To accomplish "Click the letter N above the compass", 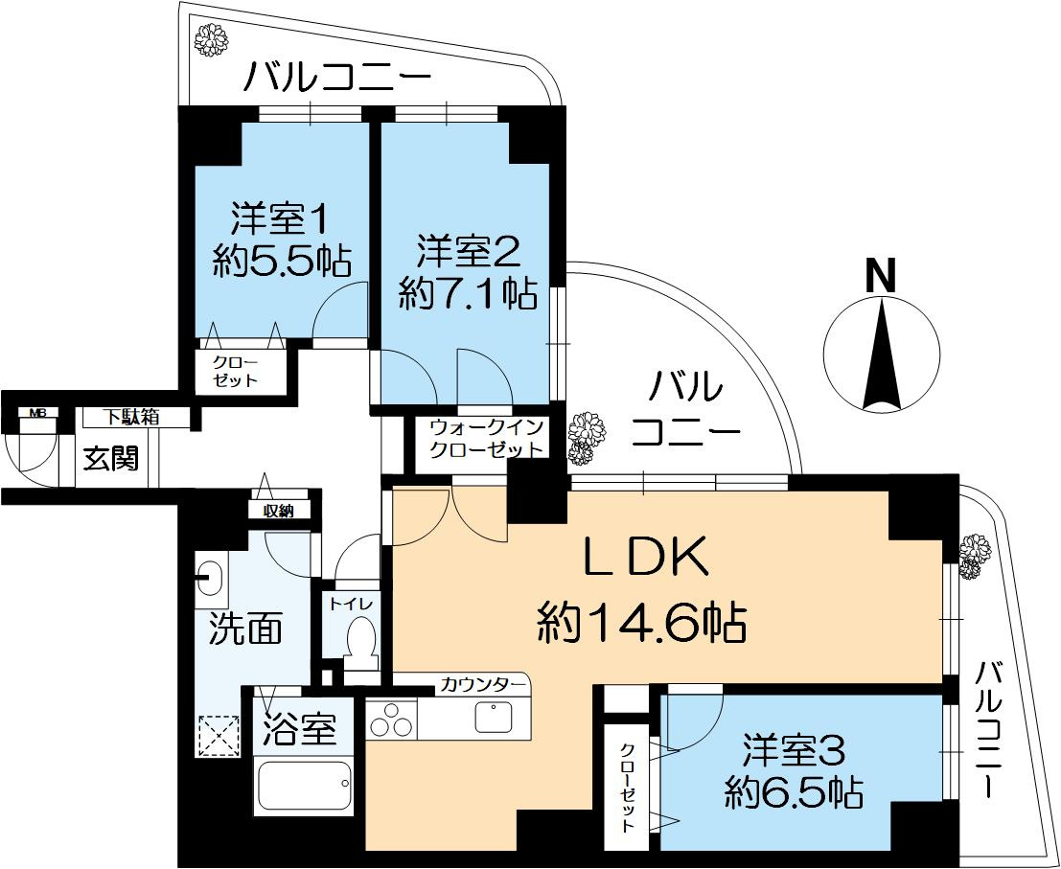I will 881,276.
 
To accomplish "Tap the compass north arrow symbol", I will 881,354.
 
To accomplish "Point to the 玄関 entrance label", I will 110,458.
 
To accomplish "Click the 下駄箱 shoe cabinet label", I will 132,417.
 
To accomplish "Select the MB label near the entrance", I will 37,413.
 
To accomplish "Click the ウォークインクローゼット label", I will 487,437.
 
